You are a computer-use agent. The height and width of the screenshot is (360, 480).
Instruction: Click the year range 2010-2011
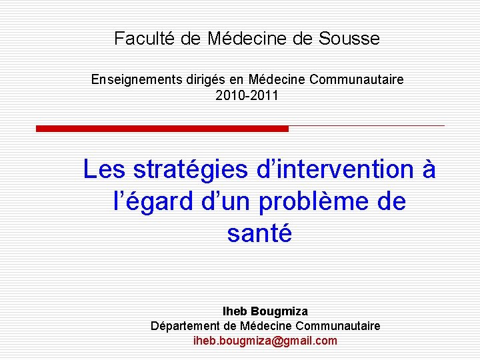click(x=247, y=96)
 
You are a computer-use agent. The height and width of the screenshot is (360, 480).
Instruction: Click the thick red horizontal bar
click(x=162, y=128)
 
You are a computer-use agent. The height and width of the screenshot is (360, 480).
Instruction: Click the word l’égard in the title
click(x=146, y=201)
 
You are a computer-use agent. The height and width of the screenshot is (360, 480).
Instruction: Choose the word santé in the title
click(x=259, y=233)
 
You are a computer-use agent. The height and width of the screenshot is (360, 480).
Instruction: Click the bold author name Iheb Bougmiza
click(x=265, y=311)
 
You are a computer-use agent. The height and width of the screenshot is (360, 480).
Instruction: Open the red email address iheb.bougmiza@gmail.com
click(x=265, y=341)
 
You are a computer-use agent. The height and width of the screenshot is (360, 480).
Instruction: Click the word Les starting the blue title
click(x=104, y=170)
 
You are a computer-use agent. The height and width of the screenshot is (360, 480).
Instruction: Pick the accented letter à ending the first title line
click(x=429, y=170)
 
